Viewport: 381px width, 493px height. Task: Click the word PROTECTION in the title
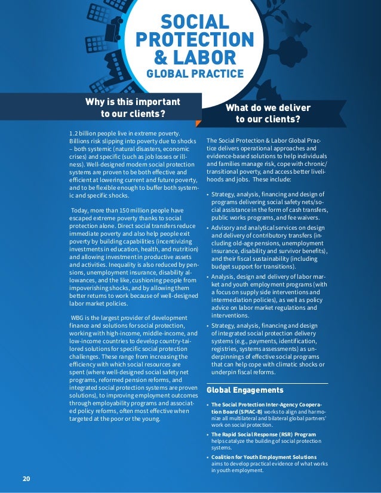pos(195,40)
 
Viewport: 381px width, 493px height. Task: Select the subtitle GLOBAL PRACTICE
pos(195,74)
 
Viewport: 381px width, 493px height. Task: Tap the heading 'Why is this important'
pos(133,101)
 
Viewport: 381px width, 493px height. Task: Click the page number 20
pos(26,479)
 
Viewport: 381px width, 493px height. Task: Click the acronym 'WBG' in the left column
pos(79,318)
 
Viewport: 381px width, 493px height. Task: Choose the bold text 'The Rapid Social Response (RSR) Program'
pos(263,434)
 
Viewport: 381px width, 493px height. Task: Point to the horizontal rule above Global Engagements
pos(267,383)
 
